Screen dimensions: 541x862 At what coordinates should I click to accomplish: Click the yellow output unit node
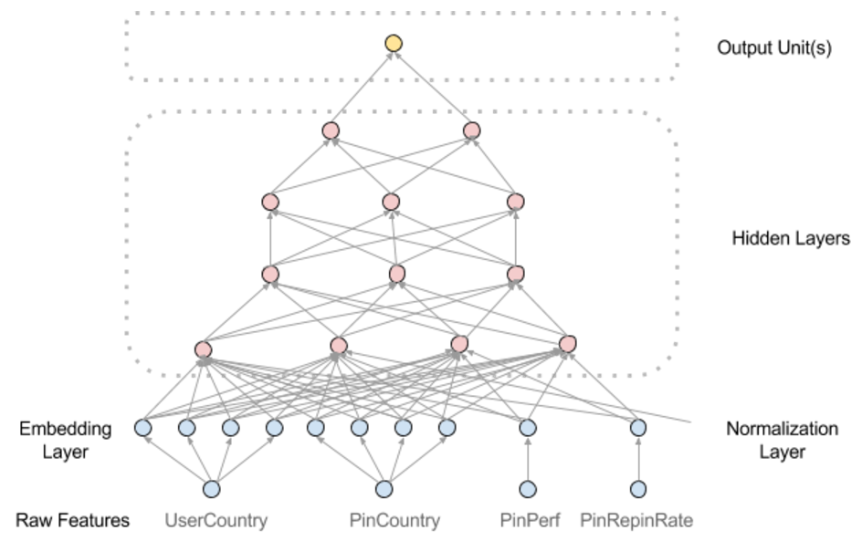394,42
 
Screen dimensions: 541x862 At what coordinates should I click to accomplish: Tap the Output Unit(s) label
774,47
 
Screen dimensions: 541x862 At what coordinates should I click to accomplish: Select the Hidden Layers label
791,239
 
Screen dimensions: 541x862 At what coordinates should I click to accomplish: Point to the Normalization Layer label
782,439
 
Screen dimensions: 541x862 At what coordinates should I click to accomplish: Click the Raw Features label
72,521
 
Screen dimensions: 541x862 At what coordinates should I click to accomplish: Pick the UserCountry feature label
216,521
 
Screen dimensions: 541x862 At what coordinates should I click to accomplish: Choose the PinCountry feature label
394,521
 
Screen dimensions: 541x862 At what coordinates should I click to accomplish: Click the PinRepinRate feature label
636,521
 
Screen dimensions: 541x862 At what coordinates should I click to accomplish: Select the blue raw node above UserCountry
212,489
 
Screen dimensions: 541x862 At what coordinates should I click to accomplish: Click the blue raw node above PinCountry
384,489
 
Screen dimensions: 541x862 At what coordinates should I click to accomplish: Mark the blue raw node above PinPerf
527,489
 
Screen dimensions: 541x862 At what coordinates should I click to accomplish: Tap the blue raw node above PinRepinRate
637,489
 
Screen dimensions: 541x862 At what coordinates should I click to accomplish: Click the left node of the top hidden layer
331,130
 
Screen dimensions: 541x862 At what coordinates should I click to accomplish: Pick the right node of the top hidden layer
471,130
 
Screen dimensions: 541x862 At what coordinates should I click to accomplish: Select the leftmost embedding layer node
143,427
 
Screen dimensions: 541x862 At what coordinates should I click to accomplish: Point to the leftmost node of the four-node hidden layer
204,349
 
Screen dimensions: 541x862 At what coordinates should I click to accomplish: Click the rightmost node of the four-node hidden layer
568,344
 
